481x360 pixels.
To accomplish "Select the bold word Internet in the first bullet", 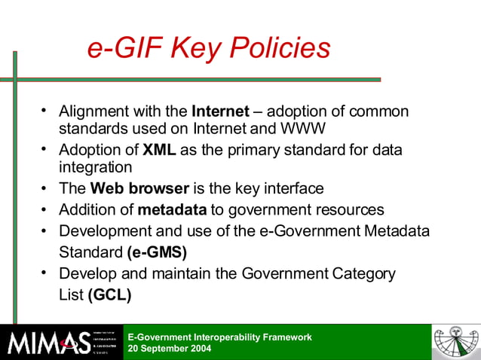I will (x=220, y=111).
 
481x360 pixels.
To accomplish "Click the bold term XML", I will (x=159, y=150).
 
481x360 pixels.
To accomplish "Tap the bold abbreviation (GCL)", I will (x=110, y=295).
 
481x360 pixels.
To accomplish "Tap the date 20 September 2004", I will (x=170, y=349).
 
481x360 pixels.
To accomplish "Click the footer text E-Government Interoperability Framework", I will (x=219, y=337).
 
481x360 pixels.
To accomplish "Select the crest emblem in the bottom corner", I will (x=454, y=343).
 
